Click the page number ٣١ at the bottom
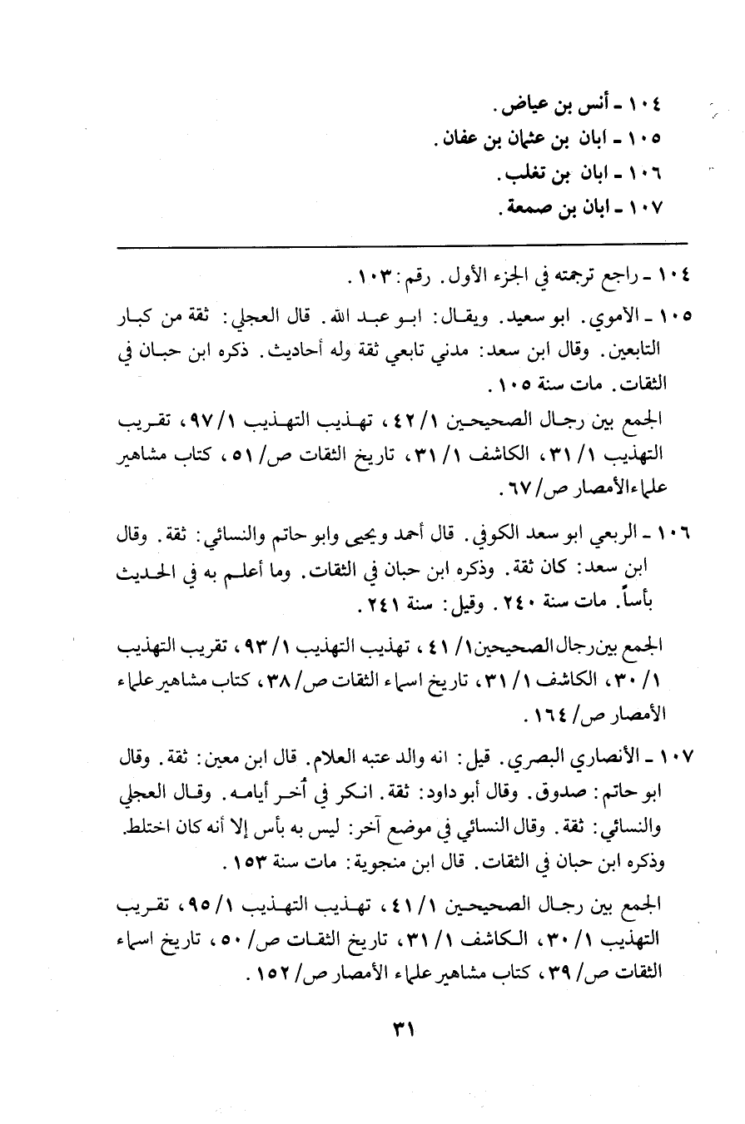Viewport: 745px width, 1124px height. click(x=402, y=1028)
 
